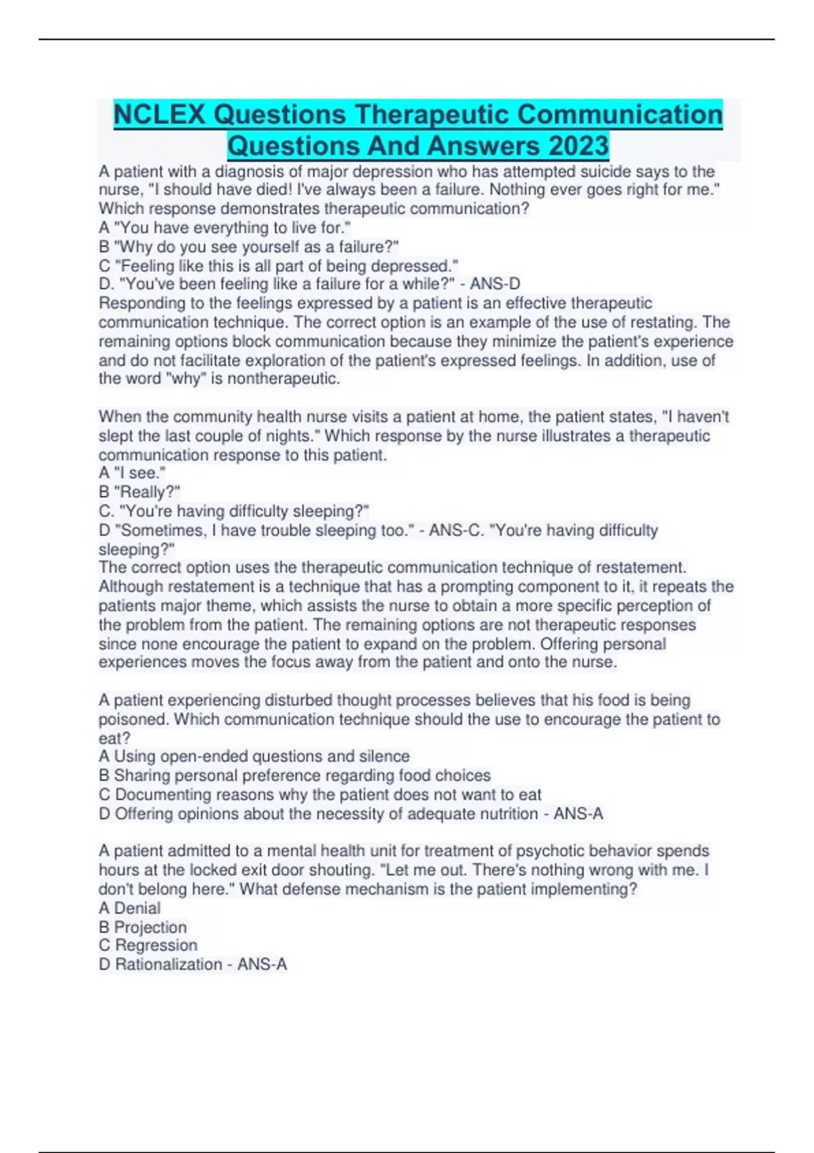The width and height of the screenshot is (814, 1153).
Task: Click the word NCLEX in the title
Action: (x=159, y=115)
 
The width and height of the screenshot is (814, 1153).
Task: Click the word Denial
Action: (x=138, y=908)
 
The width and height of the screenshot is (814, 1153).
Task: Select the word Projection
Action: (x=151, y=927)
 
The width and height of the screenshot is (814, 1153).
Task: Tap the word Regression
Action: (x=156, y=945)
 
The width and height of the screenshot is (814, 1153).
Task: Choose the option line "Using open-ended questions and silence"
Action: (x=262, y=756)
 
